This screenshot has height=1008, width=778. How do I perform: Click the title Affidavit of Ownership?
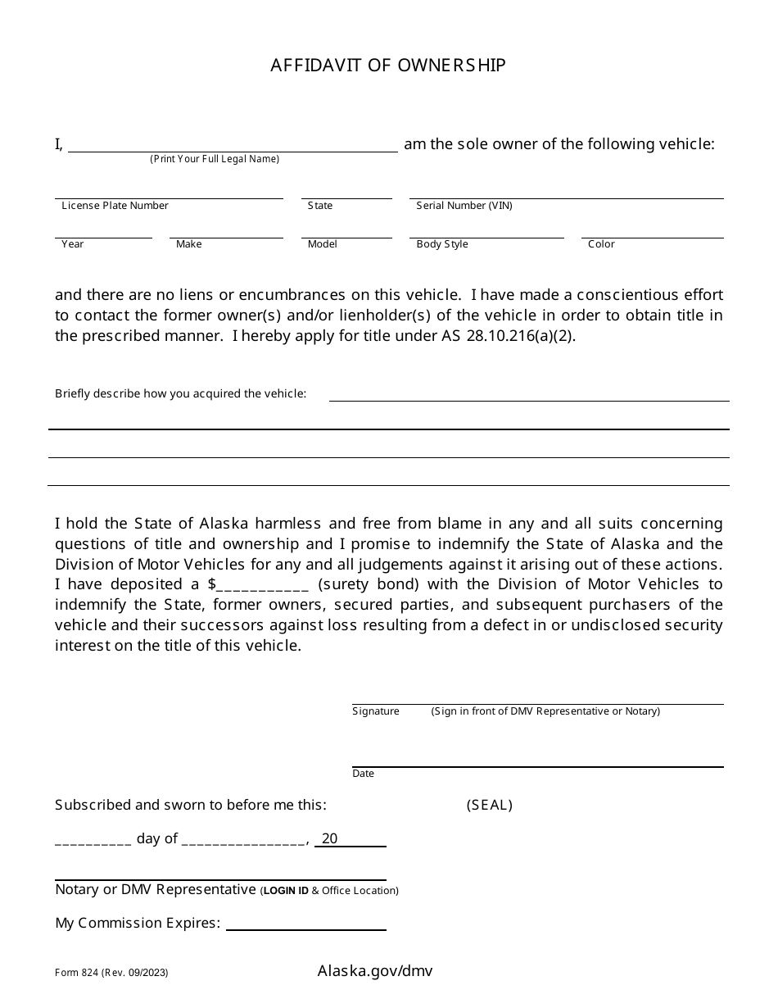click(388, 66)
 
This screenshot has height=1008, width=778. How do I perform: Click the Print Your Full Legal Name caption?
click(215, 159)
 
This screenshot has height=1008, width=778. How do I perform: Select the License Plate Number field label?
click(115, 206)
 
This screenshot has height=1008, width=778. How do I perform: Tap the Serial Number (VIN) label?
click(464, 206)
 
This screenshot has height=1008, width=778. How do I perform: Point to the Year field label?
click(73, 244)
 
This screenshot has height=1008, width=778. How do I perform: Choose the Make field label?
click(188, 244)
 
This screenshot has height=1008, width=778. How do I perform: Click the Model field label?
click(323, 244)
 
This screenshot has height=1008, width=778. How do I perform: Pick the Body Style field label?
click(442, 244)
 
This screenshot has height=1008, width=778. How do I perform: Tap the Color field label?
click(601, 244)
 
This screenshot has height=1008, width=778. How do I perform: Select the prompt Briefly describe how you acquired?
click(180, 393)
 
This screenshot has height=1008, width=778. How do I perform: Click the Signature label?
click(376, 711)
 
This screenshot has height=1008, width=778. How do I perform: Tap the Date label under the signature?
click(363, 774)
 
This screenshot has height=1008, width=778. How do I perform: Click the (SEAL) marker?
click(490, 805)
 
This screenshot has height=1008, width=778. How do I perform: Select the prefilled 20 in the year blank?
click(329, 838)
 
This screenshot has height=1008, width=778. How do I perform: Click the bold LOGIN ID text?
click(286, 891)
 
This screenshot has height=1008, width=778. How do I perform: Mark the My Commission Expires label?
click(138, 924)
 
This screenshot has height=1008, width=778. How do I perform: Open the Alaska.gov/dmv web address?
click(375, 971)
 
